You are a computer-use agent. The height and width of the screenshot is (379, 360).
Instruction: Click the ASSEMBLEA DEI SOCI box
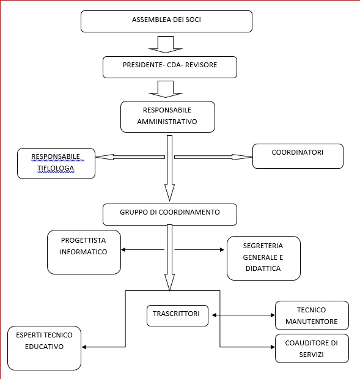tap(166, 21)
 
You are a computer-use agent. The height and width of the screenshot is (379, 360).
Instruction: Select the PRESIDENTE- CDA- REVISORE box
tap(170, 67)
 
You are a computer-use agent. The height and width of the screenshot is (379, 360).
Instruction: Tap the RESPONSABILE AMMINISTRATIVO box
tap(167, 117)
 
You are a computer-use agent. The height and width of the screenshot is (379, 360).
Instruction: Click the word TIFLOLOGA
tap(56, 168)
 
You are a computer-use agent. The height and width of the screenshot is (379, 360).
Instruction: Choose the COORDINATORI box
tap(298, 156)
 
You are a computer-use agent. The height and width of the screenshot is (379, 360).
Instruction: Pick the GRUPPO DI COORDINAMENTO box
tap(170, 215)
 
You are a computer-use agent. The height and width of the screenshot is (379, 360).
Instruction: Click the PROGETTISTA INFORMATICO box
tap(84, 252)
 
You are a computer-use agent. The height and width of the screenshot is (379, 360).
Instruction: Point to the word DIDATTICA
tap(263, 268)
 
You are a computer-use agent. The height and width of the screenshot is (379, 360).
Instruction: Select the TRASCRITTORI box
tap(178, 315)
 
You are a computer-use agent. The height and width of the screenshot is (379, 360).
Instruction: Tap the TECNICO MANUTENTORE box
tap(312, 315)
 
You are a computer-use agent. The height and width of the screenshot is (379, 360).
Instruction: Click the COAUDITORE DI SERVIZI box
tap(312, 348)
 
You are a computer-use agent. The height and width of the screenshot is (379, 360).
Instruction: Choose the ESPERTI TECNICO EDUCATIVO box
tap(44, 348)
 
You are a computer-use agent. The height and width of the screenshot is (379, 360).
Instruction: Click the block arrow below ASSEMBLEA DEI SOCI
tap(166, 45)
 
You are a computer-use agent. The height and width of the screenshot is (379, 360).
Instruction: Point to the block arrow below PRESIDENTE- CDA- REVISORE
tap(166, 89)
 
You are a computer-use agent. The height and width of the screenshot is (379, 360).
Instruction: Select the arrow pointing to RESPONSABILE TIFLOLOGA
tap(130, 157)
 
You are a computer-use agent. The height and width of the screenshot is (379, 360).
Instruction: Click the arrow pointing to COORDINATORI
tap(213, 157)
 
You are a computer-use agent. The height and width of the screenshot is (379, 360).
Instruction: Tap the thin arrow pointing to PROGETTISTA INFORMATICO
tap(142, 249)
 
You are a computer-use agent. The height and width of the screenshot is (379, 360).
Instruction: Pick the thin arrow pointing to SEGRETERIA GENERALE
tap(199, 249)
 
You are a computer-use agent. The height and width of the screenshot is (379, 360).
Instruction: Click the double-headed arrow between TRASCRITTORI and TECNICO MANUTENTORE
tap(243, 315)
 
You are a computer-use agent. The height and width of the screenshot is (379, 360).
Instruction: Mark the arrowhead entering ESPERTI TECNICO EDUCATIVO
tap(84, 347)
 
